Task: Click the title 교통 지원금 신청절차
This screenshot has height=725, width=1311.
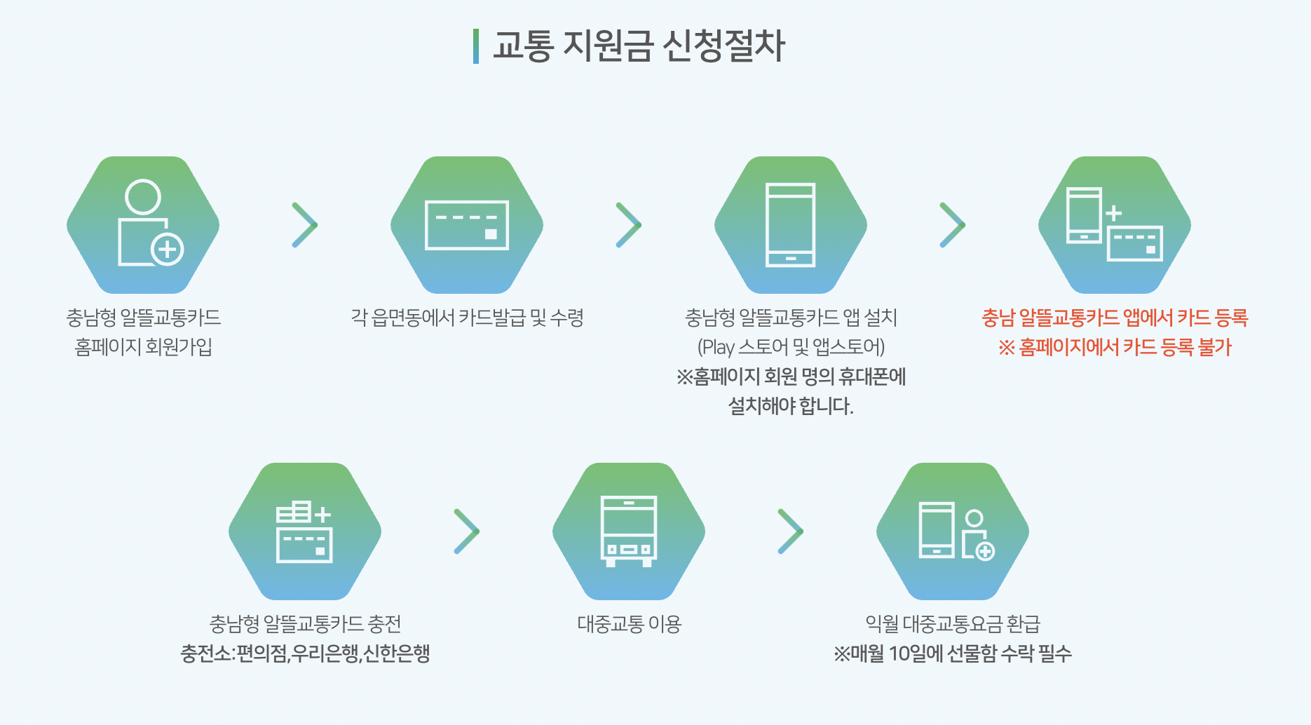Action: coord(639,46)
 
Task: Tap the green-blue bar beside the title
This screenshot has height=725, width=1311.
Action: coord(476,46)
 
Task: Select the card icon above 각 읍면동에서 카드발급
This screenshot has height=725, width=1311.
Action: coord(467,225)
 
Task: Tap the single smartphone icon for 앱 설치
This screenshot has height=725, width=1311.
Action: coord(790,225)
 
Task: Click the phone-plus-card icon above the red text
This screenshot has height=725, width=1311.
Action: coord(1114,224)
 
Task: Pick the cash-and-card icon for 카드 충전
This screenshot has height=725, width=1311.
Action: coord(304,531)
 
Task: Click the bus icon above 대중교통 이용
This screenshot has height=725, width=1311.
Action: coord(629,531)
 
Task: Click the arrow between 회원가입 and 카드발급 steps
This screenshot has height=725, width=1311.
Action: coord(305,225)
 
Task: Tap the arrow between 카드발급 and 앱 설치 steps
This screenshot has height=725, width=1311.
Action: coord(629,225)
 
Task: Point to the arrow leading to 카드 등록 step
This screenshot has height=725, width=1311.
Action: coord(953,225)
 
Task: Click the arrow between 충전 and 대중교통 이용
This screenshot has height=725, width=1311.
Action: coord(467,531)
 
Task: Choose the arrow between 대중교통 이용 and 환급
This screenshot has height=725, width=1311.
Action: coord(791,531)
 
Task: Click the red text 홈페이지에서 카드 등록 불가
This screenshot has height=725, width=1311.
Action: coord(1115,347)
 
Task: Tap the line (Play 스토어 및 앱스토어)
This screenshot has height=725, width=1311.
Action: coord(791,347)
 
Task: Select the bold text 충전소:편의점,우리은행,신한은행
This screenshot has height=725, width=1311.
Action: coord(305,653)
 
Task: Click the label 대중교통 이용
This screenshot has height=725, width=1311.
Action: coord(629,624)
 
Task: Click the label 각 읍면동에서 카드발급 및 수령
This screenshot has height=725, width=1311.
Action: coord(467,318)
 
